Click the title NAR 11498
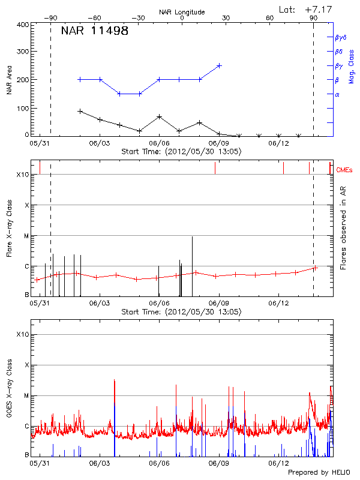click(95, 31)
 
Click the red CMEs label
click(345, 170)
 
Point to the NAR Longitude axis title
click(182, 11)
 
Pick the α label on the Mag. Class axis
click(337, 95)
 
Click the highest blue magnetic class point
click(220, 65)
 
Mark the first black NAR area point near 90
click(80, 111)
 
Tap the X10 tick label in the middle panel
click(22, 175)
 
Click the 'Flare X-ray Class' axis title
click(9, 235)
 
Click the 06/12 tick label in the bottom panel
click(279, 463)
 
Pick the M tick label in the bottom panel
click(26, 395)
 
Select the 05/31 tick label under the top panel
click(40, 143)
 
